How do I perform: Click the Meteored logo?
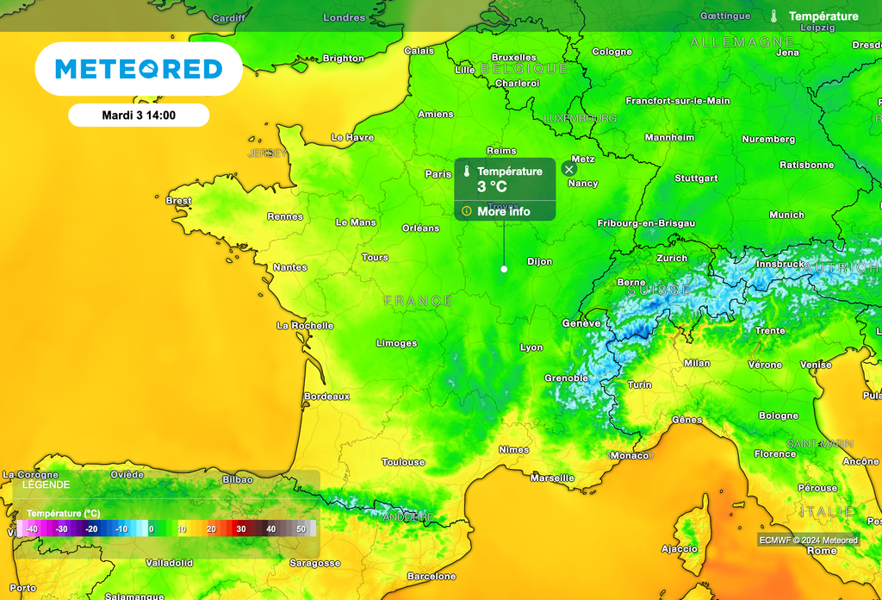click(x=139, y=69)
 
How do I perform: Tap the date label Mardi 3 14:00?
click(x=139, y=115)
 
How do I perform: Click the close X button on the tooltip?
click(x=568, y=169)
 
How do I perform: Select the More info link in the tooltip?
click(x=504, y=211)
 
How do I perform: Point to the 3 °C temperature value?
click(x=492, y=186)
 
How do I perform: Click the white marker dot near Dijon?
click(x=504, y=269)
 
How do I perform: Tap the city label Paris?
click(x=438, y=174)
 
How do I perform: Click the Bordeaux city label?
click(x=326, y=397)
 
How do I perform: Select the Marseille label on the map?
click(x=552, y=478)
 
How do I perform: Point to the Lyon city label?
click(x=531, y=347)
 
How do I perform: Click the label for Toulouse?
click(x=403, y=462)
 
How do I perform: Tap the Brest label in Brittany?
click(x=178, y=201)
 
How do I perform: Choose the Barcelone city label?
click(x=431, y=576)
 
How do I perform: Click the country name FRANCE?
click(x=418, y=301)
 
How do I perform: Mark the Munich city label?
click(x=786, y=215)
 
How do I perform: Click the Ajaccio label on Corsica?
click(x=679, y=548)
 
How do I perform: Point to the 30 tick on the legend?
click(x=241, y=528)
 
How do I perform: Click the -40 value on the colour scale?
click(x=32, y=528)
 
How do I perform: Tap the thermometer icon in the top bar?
click(x=774, y=16)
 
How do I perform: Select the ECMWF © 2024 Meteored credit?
click(x=808, y=541)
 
